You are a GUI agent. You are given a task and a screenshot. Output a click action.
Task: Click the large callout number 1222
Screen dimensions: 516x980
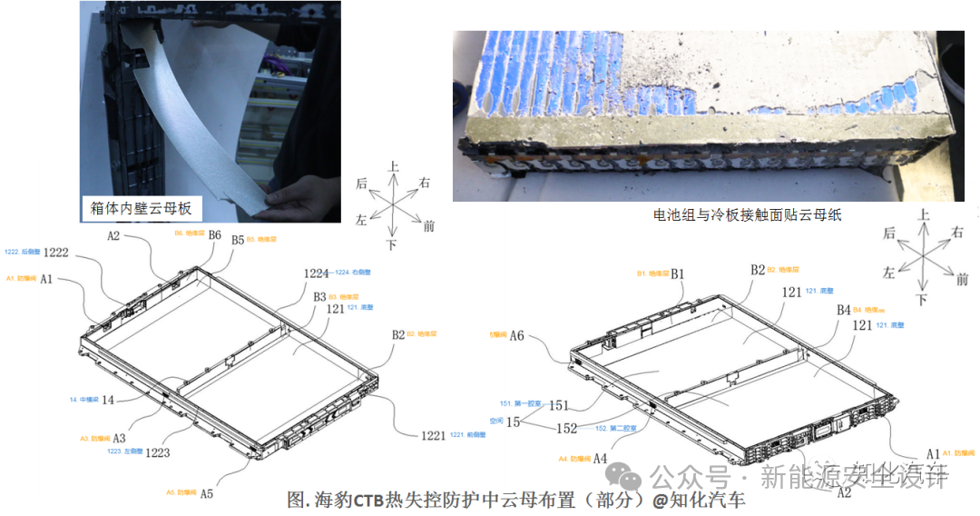click(x=56, y=252)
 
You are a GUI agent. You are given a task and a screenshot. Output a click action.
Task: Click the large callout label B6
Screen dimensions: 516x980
click(x=215, y=234)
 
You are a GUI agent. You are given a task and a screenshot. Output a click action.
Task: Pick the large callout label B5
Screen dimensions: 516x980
click(x=238, y=241)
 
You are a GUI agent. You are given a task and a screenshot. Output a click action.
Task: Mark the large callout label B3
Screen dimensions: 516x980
click(x=319, y=297)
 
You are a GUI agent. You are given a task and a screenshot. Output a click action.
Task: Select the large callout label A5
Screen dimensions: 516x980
click(x=207, y=493)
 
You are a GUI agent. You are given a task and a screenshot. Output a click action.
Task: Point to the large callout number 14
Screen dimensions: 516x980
click(x=108, y=399)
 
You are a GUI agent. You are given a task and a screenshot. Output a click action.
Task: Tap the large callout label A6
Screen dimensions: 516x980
click(x=516, y=335)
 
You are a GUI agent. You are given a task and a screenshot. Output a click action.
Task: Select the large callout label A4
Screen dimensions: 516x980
click(x=600, y=459)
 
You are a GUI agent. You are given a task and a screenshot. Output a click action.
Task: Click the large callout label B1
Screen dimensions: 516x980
click(x=678, y=273)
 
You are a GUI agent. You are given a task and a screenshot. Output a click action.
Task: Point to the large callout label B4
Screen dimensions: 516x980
click(x=844, y=310)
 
